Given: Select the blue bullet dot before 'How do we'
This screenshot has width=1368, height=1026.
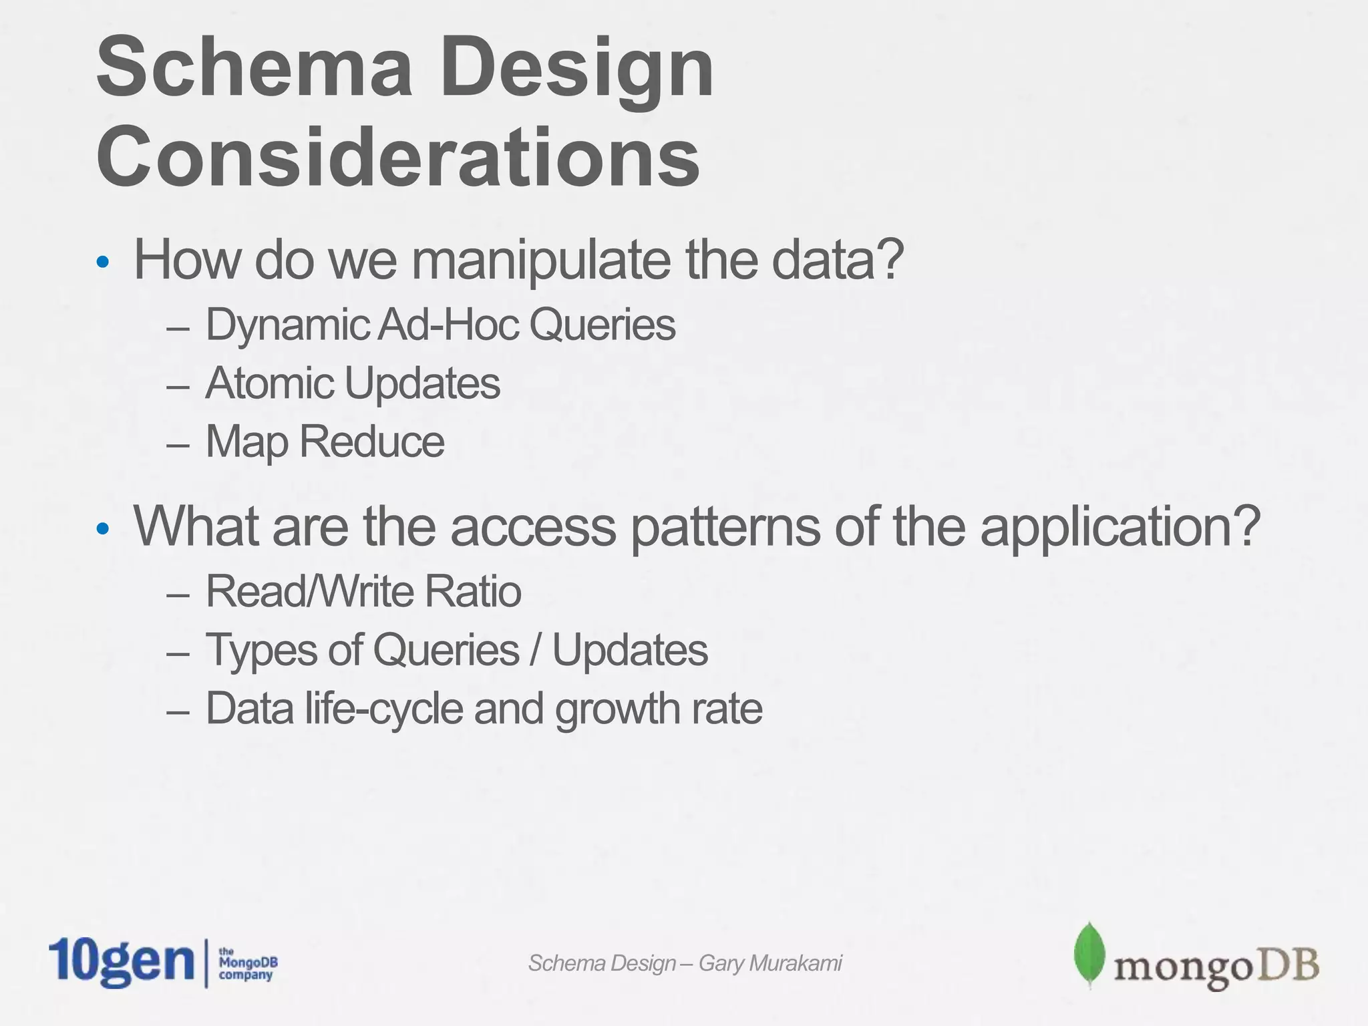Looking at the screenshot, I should [102, 262].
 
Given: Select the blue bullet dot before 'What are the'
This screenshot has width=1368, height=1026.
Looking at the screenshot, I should [102, 529].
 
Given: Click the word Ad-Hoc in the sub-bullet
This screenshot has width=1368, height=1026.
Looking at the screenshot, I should [448, 325].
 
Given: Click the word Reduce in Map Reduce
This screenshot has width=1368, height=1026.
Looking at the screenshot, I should [371, 442].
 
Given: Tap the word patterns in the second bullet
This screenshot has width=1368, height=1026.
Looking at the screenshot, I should [724, 526].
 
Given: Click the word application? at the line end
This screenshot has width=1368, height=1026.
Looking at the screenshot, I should [1120, 526].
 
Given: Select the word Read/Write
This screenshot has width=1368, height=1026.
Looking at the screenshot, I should [310, 592].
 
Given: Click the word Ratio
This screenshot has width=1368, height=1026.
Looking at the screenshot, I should [472, 592].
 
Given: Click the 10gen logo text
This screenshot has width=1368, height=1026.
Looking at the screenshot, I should [120, 962].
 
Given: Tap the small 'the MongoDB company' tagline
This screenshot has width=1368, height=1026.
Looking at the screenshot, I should [248, 963].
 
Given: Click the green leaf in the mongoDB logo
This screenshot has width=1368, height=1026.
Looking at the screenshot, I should [1087, 954].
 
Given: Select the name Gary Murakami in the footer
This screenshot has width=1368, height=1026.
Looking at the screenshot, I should [770, 963].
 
